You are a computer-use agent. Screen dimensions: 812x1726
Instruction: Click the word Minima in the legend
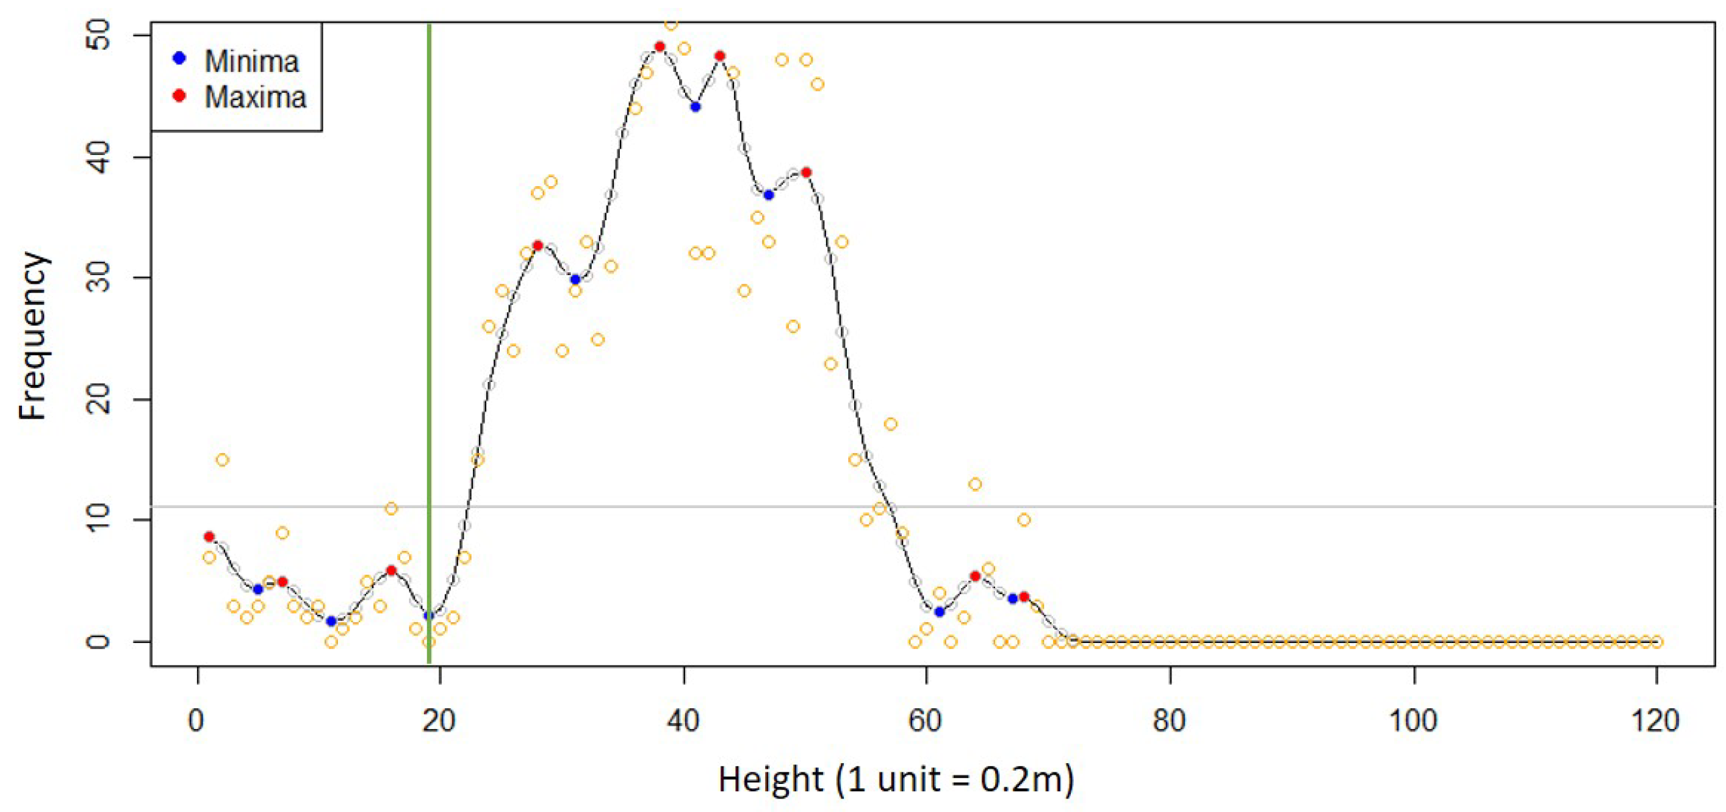(x=251, y=62)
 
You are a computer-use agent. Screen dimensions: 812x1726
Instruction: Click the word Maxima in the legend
(x=255, y=97)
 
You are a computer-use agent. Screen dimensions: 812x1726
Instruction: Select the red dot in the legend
(x=179, y=95)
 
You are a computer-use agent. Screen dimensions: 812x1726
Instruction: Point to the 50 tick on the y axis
(x=99, y=35)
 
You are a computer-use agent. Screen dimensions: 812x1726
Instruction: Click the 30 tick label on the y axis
(x=99, y=278)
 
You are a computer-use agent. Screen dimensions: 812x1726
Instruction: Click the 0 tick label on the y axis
(x=99, y=641)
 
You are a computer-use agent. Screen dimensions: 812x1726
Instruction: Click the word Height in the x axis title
(x=771, y=779)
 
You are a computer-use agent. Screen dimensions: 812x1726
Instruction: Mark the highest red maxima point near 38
(x=660, y=47)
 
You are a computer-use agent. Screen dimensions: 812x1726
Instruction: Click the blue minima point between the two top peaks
(x=696, y=107)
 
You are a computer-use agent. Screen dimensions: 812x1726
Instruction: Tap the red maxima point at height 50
(x=806, y=173)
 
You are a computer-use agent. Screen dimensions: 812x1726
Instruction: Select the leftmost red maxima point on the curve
(x=209, y=537)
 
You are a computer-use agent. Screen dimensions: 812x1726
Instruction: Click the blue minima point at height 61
(x=940, y=612)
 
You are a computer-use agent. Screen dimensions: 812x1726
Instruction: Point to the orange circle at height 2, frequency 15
(x=223, y=459)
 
